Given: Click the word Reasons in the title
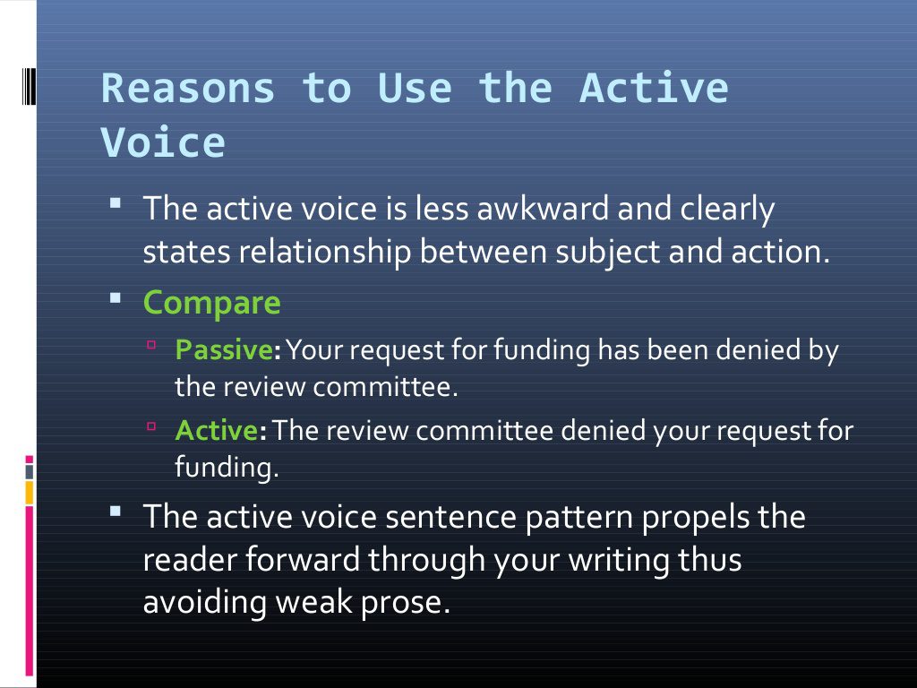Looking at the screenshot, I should click(x=188, y=89).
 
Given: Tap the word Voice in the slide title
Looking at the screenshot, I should click(x=162, y=143).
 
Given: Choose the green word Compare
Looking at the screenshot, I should click(x=212, y=303).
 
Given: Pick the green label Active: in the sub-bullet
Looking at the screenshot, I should click(x=220, y=431).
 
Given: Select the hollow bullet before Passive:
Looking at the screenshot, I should click(x=152, y=344).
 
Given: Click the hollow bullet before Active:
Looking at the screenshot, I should click(x=152, y=426).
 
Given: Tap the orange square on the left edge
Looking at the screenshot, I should click(x=30, y=492).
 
